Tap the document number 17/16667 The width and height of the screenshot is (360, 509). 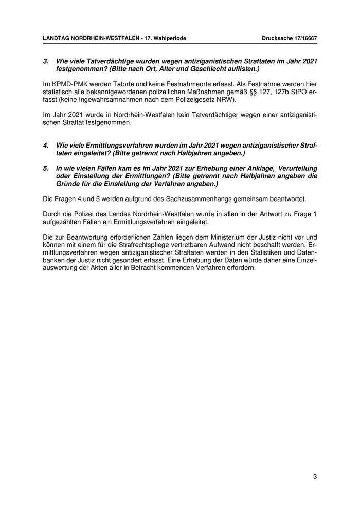click(301, 38)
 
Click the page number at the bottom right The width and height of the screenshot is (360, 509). click(314, 477)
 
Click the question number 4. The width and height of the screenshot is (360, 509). click(45, 146)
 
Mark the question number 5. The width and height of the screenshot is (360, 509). click(45, 168)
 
